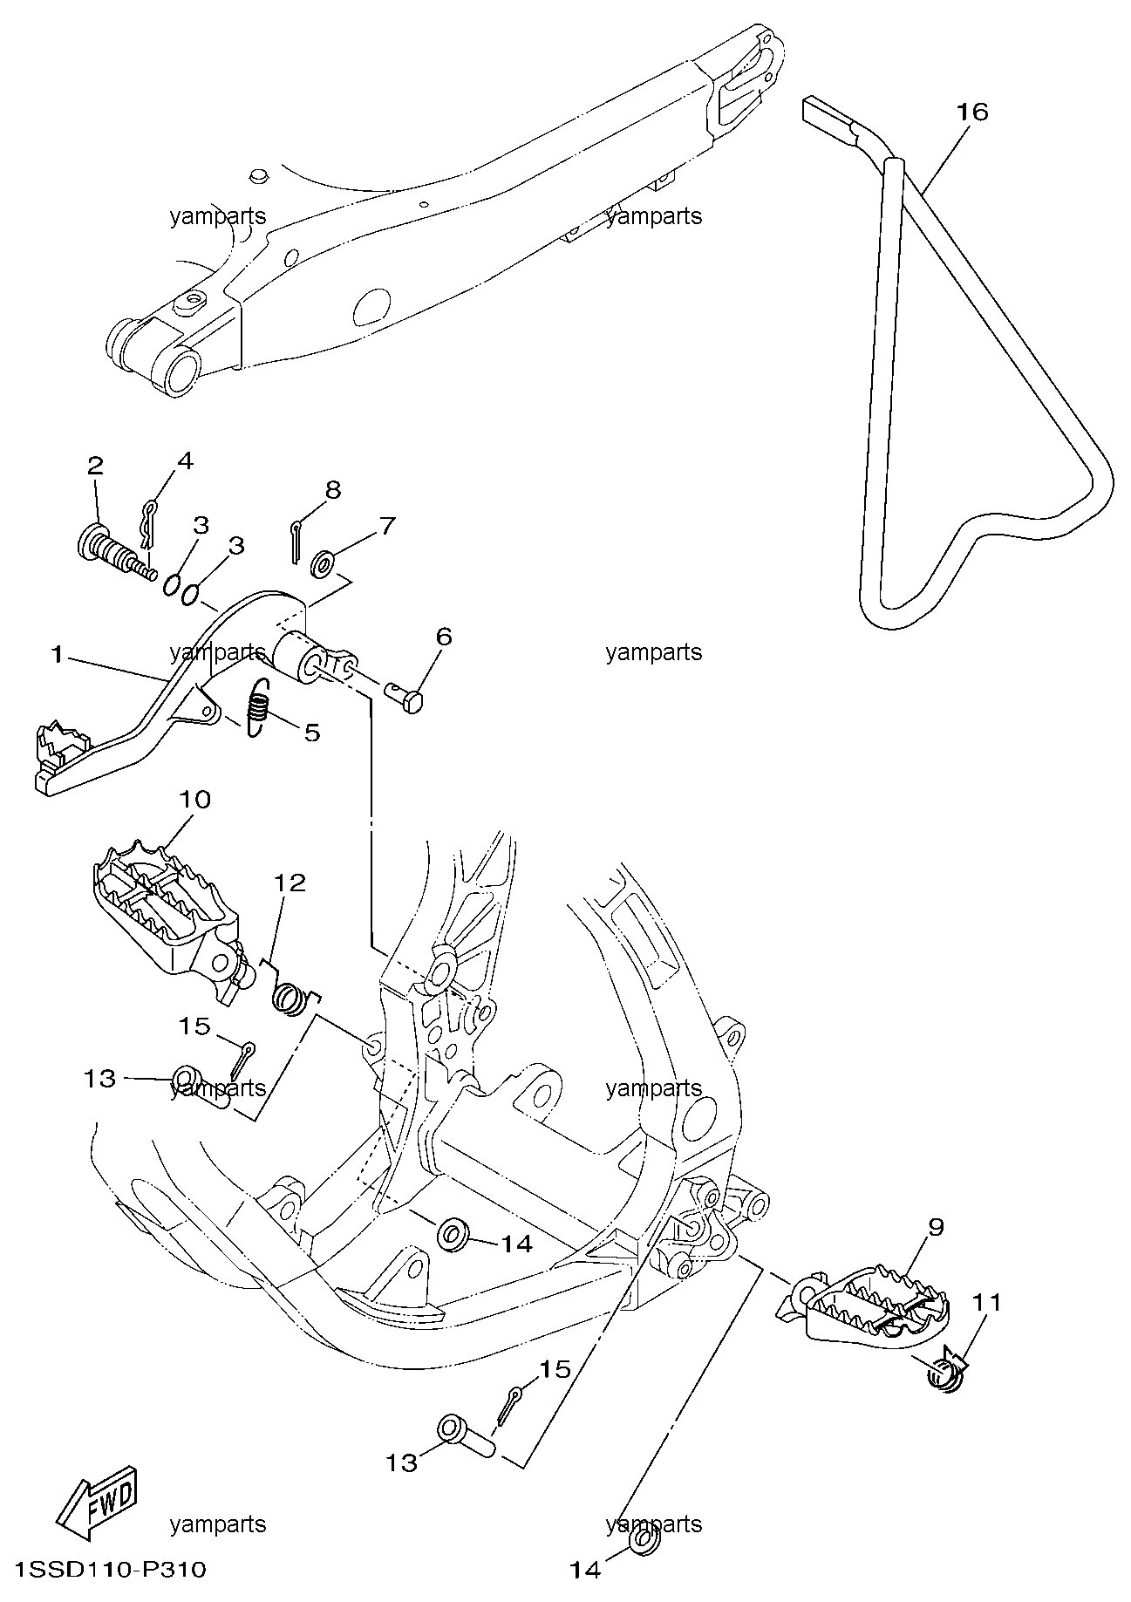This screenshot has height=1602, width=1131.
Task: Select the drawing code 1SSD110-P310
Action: tap(104, 1570)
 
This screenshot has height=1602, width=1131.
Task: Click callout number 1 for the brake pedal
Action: tap(58, 654)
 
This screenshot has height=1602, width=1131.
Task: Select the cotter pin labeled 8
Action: tap(295, 542)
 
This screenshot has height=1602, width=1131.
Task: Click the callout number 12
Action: tap(290, 883)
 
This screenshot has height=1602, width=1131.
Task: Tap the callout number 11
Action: tap(986, 1302)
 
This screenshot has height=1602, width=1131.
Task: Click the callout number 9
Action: tap(936, 1227)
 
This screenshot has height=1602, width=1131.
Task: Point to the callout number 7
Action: tap(386, 526)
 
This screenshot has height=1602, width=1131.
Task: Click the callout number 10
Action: tap(194, 799)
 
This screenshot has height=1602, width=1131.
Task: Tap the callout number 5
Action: tap(311, 732)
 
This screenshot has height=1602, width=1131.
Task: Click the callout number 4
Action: tap(185, 460)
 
